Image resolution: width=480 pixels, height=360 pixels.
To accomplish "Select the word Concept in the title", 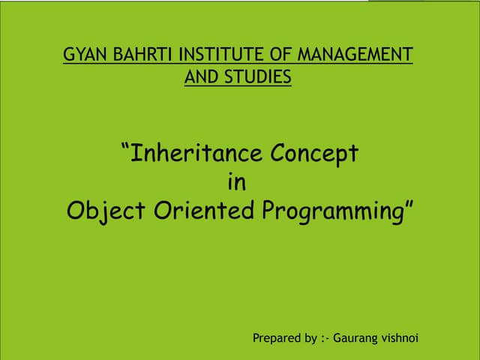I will pos(314,154).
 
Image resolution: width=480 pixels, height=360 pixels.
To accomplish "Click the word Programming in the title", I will pos(333,211).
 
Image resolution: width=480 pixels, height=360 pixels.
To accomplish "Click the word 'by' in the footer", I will pos(308,338).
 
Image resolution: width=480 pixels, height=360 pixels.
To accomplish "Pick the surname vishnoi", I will pos(400,338).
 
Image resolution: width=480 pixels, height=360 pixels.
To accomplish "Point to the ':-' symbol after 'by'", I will pos(324,338).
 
